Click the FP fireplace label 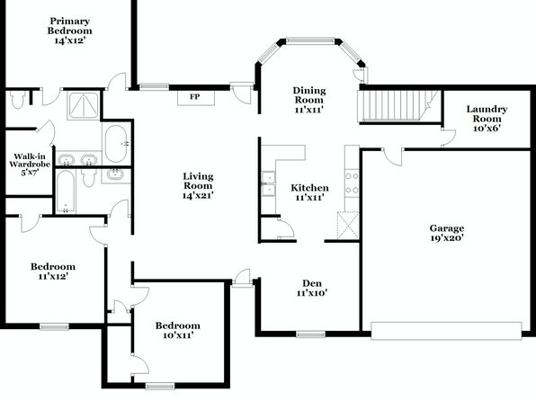point(195,97)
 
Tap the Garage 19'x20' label point(447,233)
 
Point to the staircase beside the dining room point(398,105)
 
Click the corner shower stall point(84,105)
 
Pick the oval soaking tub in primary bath point(116,144)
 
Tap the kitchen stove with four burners point(352,183)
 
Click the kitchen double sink point(268,184)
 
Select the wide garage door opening point(446,330)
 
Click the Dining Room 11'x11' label point(309,100)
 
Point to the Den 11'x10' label point(312,288)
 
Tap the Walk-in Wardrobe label point(30,165)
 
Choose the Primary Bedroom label point(69,31)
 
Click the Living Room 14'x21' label point(198,185)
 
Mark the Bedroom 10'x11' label point(178,330)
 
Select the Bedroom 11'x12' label point(53,272)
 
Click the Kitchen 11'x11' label point(309,192)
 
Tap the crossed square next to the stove point(348,225)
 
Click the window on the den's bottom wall point(310,334)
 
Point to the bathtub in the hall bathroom point(65,192)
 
